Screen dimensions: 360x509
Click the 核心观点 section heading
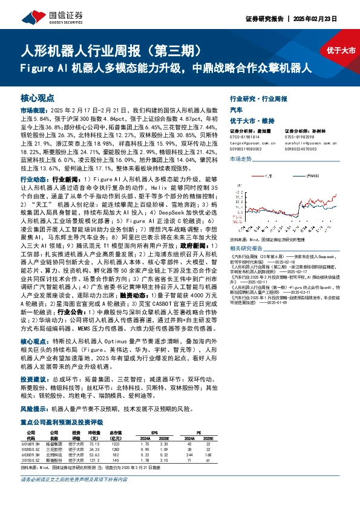[x=38, y=97]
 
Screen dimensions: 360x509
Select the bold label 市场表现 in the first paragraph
[x=33, y=112]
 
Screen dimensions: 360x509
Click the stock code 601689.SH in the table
[x=31, y=443]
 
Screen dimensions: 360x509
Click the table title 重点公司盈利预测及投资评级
[x=61, y=422]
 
